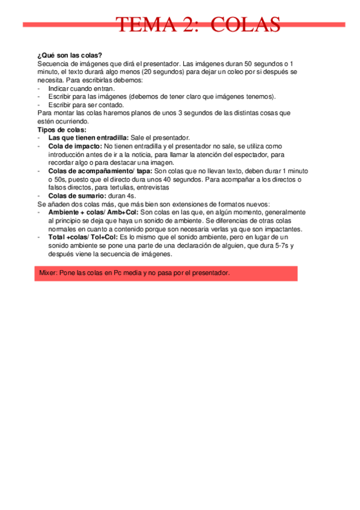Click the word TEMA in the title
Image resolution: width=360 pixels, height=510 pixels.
tap(141, 25)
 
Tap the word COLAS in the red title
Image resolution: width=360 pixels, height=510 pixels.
tap(246, 25)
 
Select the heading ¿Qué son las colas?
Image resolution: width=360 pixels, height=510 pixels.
tap(69, 55)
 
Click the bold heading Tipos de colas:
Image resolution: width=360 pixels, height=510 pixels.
tap(62, 129)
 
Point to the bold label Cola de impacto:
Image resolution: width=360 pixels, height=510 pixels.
tap(75, 146)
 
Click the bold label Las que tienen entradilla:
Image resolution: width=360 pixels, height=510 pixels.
tap(88, 138)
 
